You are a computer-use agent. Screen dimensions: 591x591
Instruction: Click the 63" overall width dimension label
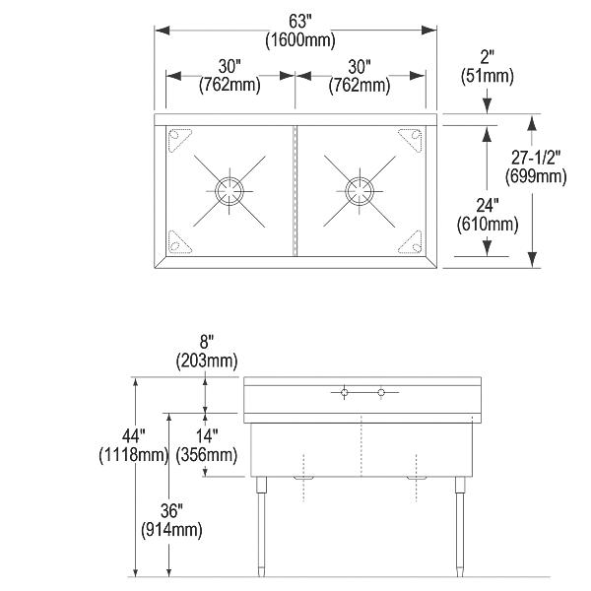coord(300,22)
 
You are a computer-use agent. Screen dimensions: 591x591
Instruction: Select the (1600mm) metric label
coord(300,39)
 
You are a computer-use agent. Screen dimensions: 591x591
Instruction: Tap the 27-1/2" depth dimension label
coord(536,158)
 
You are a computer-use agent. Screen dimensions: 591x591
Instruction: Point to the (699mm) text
coord(536,176)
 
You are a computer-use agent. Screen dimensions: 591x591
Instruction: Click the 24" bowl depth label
coord(488,206)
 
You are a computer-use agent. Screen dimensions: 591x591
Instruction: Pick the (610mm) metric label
coord(488,225)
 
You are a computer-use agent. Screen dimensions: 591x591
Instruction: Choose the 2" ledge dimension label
coord(487,57)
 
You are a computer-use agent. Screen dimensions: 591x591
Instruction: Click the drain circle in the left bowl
coord(230,191)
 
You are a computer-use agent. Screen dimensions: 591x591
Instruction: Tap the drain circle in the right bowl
coord(360,191)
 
